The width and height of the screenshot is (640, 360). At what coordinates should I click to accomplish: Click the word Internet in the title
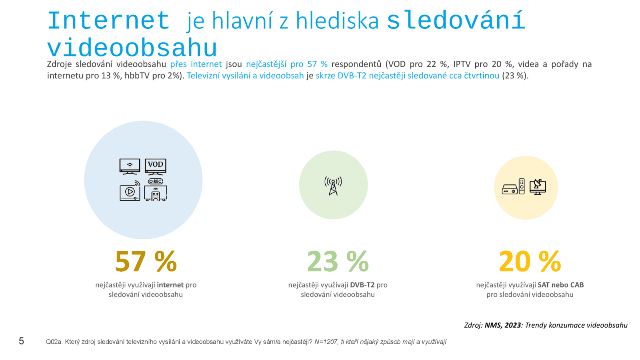108,21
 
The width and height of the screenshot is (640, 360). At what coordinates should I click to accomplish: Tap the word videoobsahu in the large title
132,48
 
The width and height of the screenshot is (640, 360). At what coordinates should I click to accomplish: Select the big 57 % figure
146,262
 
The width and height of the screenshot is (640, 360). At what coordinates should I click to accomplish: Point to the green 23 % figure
338,262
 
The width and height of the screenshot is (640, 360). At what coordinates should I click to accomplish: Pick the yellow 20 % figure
530,262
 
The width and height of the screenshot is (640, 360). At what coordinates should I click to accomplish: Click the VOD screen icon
156,166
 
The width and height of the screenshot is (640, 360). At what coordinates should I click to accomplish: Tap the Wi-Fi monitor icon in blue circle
130,166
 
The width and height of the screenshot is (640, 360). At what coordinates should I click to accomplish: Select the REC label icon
156,182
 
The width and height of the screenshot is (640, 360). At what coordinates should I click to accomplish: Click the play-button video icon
130,192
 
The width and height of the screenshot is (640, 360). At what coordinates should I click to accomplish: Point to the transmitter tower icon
333,186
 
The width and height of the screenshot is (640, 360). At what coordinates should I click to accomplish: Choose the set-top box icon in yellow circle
510,190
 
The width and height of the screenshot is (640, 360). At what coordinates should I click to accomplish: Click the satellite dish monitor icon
538,187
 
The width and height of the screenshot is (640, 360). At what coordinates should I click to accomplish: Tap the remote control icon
522,186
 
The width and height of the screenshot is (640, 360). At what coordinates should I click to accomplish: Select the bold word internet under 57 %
170,285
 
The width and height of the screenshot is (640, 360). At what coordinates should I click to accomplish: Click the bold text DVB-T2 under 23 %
362,285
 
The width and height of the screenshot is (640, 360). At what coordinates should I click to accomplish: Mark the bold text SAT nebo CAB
561,285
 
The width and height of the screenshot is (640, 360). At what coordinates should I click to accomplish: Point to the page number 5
22,341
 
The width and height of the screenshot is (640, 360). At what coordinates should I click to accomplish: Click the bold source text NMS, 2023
503,325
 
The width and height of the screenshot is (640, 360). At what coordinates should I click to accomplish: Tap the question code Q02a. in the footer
54,342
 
